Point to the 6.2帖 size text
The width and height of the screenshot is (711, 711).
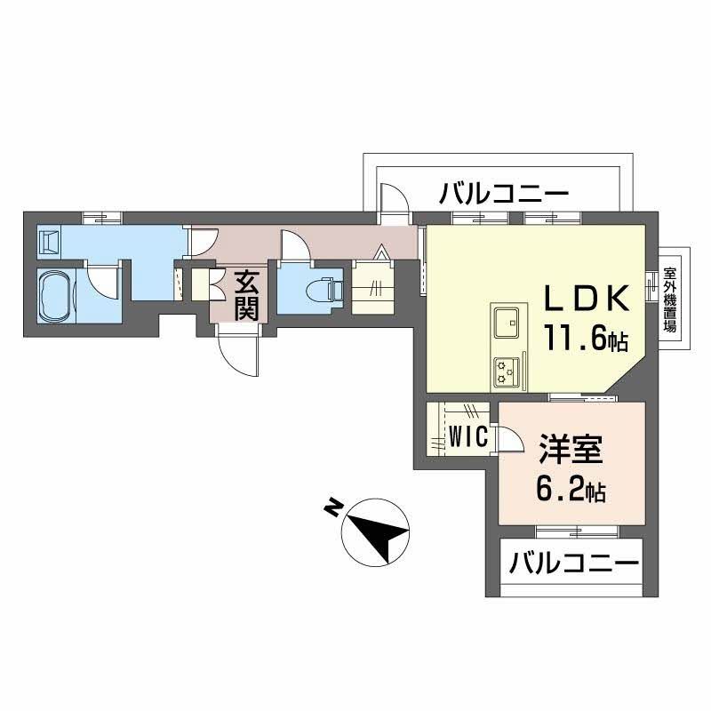(x=571, y=489)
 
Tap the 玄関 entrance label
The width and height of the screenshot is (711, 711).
(x=247, y=297)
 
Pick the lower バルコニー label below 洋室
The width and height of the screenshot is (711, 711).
(x=575, y=563)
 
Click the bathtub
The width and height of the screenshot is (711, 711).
(x=59, y=293)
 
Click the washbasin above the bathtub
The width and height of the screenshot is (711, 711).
(x=50, y=240)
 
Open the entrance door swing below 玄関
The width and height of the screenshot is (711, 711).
(x=238, y=355)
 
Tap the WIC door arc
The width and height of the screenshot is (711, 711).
(x=510, y=439)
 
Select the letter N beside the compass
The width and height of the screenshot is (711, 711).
(x=333, y=508)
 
